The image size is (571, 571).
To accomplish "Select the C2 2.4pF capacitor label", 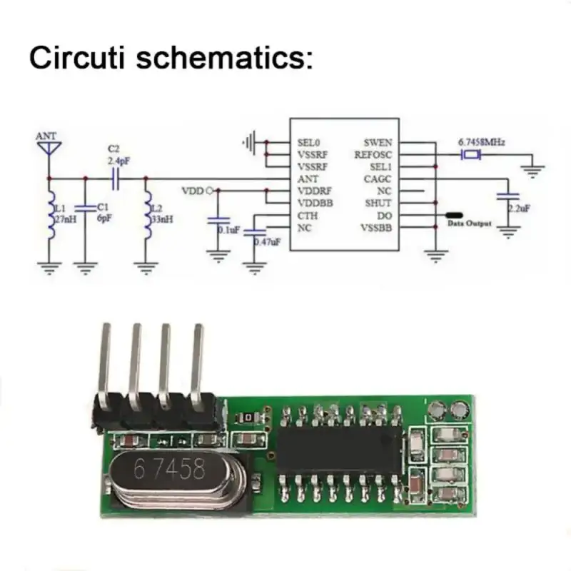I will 113,155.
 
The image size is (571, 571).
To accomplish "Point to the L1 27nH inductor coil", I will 50,212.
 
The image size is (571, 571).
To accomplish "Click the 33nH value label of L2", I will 161,218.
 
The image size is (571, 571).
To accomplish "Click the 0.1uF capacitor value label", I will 228,231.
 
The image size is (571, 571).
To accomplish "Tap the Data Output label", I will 469,224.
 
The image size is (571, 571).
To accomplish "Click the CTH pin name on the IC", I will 308,216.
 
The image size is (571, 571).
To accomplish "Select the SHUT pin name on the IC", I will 378,203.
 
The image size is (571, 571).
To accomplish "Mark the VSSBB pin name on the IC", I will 377,228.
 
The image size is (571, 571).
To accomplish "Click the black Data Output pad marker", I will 453,214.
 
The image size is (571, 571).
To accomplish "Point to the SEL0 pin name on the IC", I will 309,142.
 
